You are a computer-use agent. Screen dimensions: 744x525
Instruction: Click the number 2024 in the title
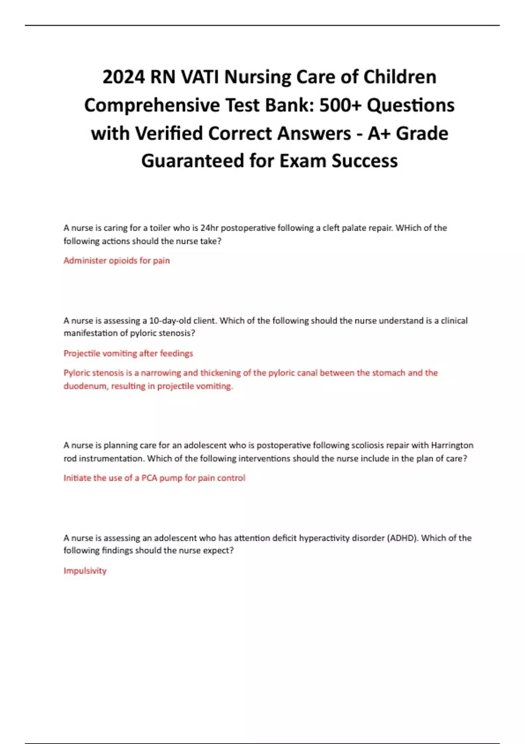124,77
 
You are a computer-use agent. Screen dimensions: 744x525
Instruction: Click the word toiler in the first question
160,228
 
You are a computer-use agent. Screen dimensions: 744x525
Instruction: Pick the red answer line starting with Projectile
128,354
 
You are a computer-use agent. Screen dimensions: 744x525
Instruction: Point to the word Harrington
452,446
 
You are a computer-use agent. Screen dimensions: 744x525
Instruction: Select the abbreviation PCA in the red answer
149,478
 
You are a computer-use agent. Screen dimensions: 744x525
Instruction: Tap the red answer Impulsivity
85,571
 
